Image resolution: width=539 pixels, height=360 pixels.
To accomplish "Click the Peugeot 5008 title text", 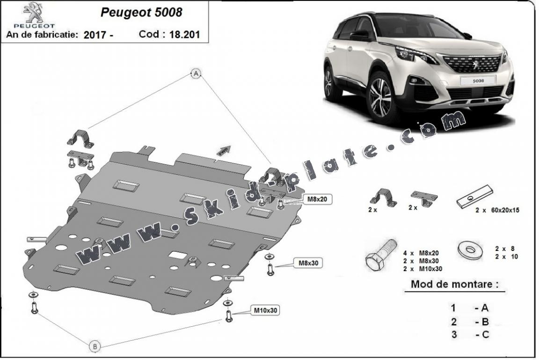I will [141, 12].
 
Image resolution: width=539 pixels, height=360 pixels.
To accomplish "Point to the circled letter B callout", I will [95, 346].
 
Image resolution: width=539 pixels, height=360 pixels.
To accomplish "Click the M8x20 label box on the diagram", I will [317, 199].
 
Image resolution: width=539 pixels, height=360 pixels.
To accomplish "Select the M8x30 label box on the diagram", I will [308, 263].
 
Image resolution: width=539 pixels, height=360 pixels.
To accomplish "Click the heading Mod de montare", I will [454, 284].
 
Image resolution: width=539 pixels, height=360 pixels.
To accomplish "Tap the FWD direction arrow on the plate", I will [224, 149].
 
